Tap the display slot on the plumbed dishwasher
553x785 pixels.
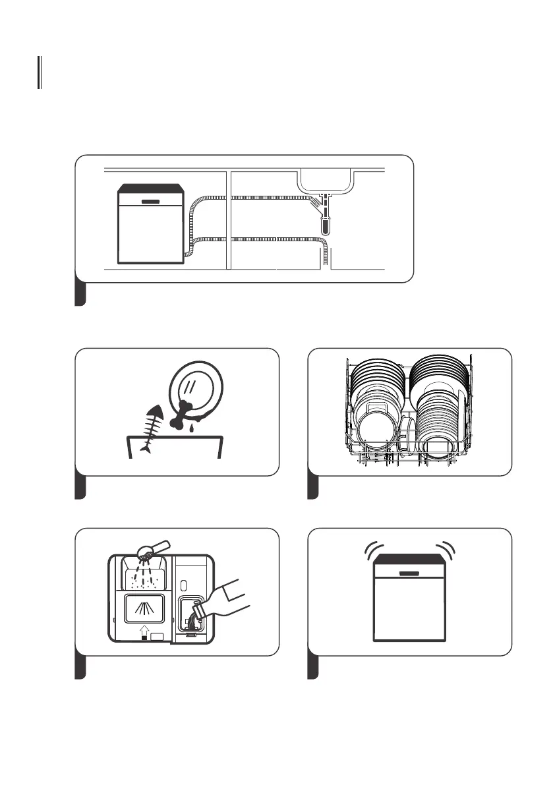(x=150, y=199)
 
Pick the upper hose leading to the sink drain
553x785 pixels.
(x=257, y=197)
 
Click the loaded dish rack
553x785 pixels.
(x=410, y=412)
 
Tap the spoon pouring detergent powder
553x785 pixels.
(x=153, y=548)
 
